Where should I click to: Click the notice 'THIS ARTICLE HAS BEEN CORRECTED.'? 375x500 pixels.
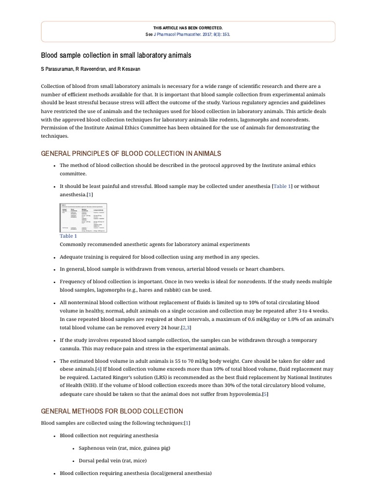(x=187, y=28)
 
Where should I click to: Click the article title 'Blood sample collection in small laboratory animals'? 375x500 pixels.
(x=116, y=56)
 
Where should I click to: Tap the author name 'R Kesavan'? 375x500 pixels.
(x=128, y=69)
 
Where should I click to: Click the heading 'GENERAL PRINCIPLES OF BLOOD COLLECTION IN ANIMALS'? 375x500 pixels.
(x=131, y=153)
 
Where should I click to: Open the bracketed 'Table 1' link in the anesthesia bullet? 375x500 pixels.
(x=282, y=187)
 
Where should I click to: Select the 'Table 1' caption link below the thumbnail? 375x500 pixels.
(x=68, y=236)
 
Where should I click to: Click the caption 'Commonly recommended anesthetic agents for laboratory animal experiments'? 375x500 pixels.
(x=155, y=244)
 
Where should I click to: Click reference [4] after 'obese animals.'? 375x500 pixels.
(x=99, y=369)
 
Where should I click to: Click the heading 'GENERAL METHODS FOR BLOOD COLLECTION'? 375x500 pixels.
(x=112, y=411)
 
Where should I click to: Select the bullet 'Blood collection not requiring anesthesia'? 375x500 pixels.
(x=109, y=435)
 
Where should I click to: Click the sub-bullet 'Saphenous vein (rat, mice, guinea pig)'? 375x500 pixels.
(x=124, y=448)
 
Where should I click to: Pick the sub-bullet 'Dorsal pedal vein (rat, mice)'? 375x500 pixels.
(x=112, y=460)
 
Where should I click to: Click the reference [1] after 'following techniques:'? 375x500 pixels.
(x=187, y=423)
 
